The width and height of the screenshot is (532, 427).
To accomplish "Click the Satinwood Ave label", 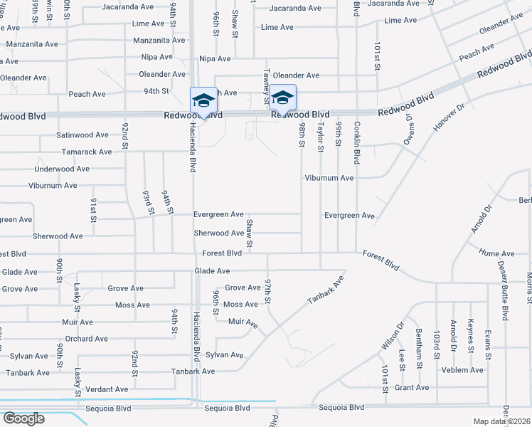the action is click(x=83, y=135).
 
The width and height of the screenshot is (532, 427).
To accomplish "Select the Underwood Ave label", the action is click(x=62, y=169).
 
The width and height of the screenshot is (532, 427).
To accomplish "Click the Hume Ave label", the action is click(x=496, y=253).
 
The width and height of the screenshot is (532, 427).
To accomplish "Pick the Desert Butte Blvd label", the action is click(x=504, y=298).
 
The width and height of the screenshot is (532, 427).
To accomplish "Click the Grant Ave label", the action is click(x=412, y=388).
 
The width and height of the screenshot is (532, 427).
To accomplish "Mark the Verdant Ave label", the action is click(x=107, y=389).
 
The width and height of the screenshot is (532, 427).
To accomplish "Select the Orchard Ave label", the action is click(x=85, y=339).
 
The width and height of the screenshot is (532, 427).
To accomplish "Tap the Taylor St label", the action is click(x=321, y=136).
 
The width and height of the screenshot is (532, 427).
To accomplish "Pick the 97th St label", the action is click(x=269, y=292).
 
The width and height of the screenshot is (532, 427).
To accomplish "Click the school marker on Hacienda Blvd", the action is click(x=203, y=100).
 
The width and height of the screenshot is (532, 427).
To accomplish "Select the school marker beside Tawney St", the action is click(x=282, y=97).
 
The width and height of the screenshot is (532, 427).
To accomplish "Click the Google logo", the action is click(x=23, y=418).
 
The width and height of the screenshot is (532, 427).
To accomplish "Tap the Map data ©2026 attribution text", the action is click(x=501, y=421).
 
